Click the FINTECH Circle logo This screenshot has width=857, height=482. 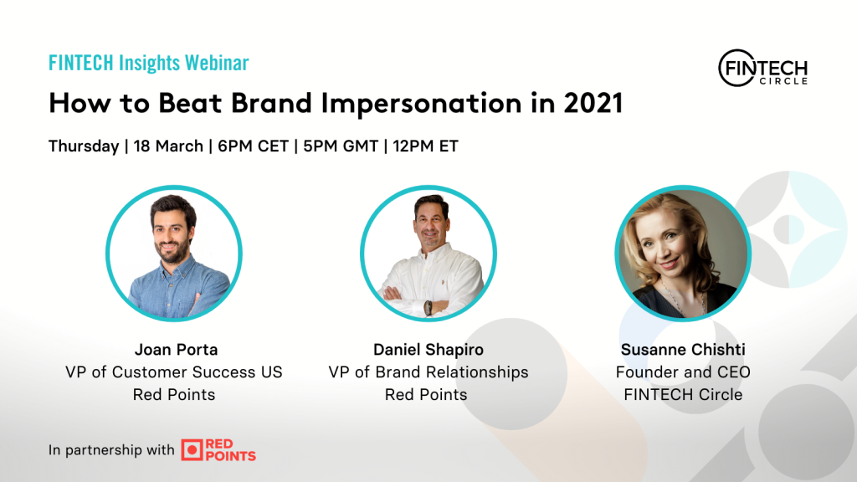coord(763,69)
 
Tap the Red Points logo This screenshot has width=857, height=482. coord(218,449)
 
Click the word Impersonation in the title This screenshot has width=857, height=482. coord(422,103)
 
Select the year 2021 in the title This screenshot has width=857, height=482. coord(593,103)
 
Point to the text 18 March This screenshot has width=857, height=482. coord(168,146)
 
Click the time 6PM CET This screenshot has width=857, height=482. coord(253,146)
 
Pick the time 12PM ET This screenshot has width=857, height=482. coord(425,146)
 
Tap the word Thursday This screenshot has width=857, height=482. coord(84,146)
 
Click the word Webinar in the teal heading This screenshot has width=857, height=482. coord(217,63)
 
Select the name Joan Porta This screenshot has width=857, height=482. coord(176,349)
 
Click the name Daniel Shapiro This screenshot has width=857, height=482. coord(428,350)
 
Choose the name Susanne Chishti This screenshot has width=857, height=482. coord(683,349)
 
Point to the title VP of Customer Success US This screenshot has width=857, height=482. coord(174,372)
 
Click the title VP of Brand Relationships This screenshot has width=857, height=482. coord(428,372)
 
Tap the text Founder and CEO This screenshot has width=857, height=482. coord(683,372)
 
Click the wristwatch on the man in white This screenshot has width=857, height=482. coord(428,308)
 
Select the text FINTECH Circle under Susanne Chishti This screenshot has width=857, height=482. coord(683,395)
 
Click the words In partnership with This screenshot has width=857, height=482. coord(111,449)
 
